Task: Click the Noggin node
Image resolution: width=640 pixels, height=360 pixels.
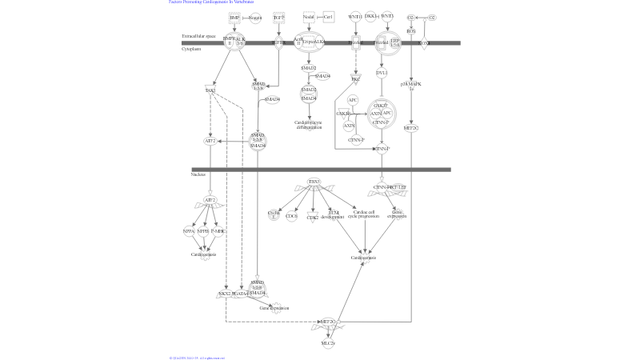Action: pyautogui.click(x=255, y=17)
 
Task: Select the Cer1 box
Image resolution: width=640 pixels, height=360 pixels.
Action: pyautogui.click(x=328, y=16)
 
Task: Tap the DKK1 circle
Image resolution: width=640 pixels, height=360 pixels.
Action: pyautogui.click(x=371, y=16)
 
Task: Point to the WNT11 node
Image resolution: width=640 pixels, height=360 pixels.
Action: pyautogui.click(x=355, y=16)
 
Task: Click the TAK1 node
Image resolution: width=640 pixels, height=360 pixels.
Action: pyautogui.click(x=210, y=90)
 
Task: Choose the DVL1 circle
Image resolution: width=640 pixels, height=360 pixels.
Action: pyautogui.click(x=382, y=73)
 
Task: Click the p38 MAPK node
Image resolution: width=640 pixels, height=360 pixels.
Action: pyautogui.click(x=411, y=84)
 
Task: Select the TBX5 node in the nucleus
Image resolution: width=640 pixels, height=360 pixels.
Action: pyautogui.click(x=314, y=182)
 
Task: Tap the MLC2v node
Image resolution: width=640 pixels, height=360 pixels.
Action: pyautogui.click(x=327, y=343)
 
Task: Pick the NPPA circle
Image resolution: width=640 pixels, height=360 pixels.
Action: pyautogui.click(x=190, y=231)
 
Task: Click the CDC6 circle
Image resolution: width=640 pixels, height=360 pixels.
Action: pyautogui.click(x=292, y=216)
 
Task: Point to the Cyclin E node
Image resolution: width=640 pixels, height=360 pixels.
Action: pyautogui.click(x=274, y=214)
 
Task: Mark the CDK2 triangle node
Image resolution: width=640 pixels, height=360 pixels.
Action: pyautogui.click(x=312, y=217)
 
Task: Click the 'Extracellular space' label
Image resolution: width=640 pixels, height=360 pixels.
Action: pyautogui.click(x=198, y=37)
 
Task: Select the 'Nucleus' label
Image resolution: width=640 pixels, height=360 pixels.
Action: pyautogui.click(x=198, y=174)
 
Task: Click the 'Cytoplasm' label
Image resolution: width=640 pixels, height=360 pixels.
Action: pyautogui.click(x=191, y=49)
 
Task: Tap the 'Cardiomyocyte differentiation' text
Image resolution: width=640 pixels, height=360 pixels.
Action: pyautogui.click(x=308, y=125)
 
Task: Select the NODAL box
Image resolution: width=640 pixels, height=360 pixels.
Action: pyautogui.click(x=309, y=16)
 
